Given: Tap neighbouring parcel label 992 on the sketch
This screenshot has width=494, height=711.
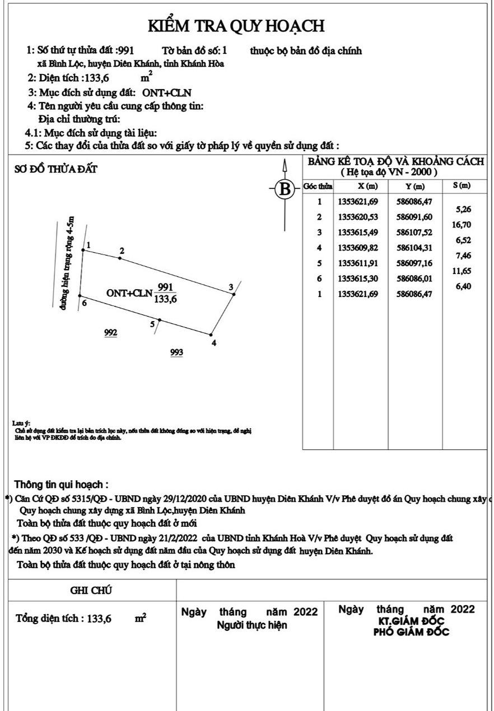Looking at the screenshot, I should tap(111, 333).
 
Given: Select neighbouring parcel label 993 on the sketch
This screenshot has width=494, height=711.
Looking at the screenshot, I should tap(176, 352).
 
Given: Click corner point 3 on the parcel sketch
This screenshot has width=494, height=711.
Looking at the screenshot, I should tap(234, 294).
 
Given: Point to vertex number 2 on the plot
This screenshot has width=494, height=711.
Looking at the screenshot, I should tap(120, 257).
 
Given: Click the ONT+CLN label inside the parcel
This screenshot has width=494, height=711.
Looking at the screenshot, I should tap(129, 293).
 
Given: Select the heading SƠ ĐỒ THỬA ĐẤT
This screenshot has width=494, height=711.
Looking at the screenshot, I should tap(54, 170).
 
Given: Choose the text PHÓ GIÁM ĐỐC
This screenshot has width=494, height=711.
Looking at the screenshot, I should tap(411, 632).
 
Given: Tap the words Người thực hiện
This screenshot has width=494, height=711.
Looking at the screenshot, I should tap(251, 625).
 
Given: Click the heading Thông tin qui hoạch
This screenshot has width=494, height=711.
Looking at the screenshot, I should tap(61, 484).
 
